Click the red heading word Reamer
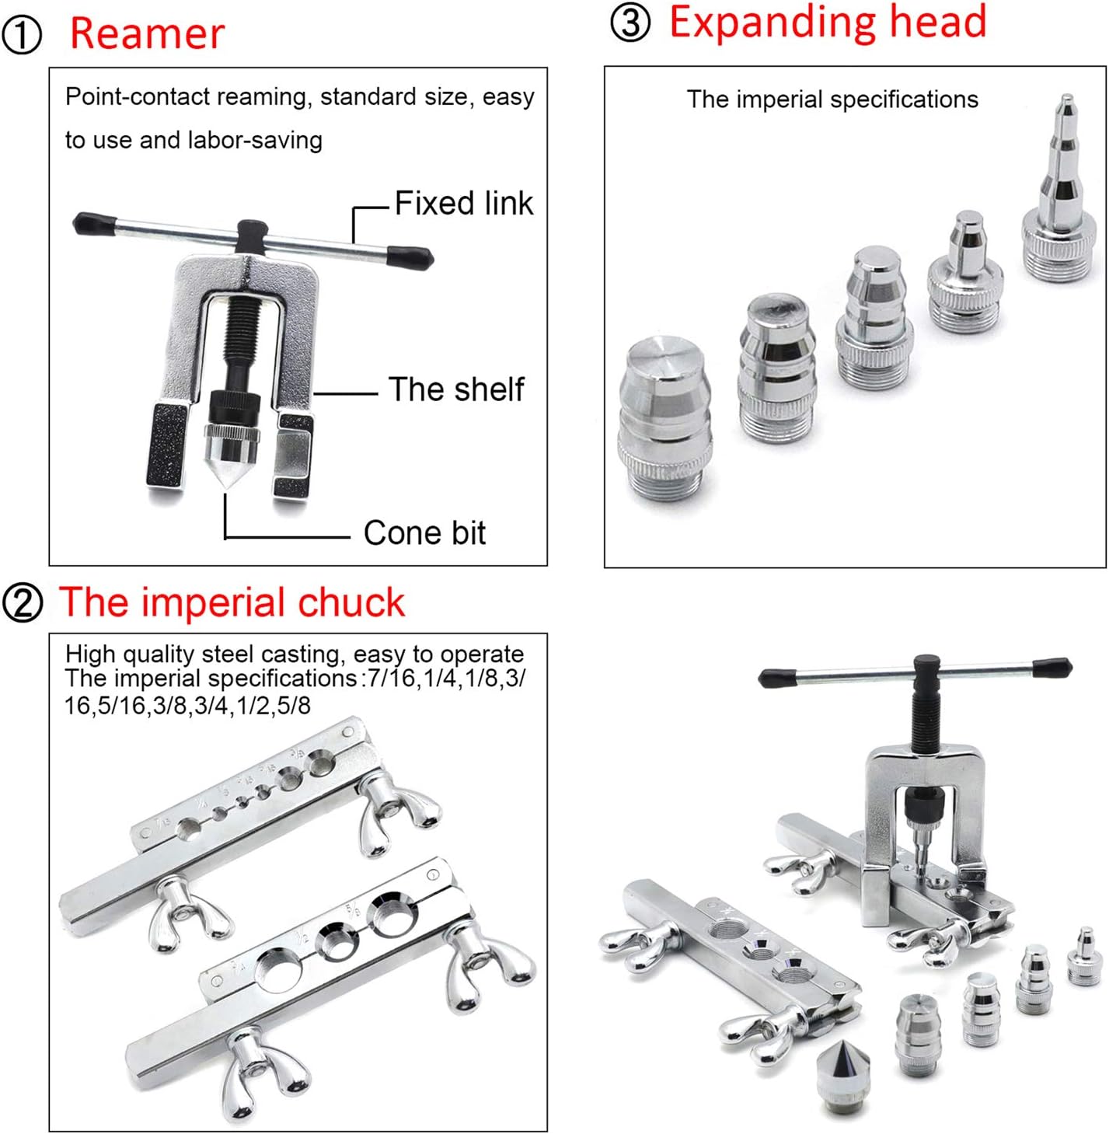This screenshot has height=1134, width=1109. (x=147, y=34)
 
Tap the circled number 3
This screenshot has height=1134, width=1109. (x=629, y=23)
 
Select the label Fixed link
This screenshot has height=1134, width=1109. (x=463, y=204)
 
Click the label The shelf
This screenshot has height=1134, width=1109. (x=456, y=389)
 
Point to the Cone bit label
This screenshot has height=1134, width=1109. (x=424, y=533)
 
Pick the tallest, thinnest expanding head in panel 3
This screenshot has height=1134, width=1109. (x=1062, y=194)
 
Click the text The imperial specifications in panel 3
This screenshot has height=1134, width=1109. (x=832, y=99)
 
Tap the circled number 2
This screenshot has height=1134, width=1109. (x=23, y=603)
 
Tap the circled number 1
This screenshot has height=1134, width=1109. (x=22, y=36)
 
